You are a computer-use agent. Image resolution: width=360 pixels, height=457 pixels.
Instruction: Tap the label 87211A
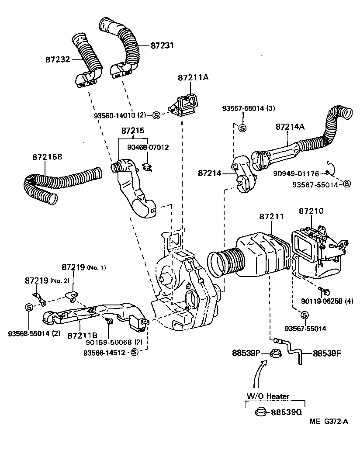[x=193, y=78]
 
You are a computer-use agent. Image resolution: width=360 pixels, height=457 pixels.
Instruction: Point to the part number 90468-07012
[x=148, y=147]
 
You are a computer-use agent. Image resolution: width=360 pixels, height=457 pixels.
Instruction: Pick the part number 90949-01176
[x=296, y=173]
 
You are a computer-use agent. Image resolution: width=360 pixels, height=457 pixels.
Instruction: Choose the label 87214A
[x=290, y=127]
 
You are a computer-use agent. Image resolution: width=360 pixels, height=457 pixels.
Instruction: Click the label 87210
[x=312, y=211]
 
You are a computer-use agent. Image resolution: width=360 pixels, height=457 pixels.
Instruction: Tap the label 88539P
[x=246, y=353]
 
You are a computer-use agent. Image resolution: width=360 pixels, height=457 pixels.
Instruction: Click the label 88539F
[x=327, y=353]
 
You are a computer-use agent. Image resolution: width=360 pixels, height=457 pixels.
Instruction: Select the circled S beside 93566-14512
[x=134, y=352]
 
